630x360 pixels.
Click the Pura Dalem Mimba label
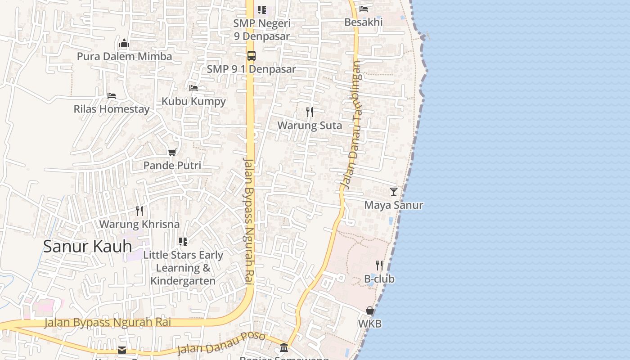pos(124,56)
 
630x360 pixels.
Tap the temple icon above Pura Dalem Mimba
pos(124,44)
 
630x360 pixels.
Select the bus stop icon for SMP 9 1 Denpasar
pos(252,56)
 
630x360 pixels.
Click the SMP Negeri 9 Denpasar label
pos(261,30)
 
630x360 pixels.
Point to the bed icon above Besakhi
pos(364,9)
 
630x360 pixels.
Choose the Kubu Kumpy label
pos(193,101)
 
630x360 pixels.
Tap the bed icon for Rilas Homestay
pos(112,96)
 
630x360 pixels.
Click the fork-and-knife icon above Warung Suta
pos(310,112)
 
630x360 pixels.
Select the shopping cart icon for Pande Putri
pos(172,152)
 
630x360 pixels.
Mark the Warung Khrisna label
pos(139,224)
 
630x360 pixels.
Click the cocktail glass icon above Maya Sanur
pos(394,192)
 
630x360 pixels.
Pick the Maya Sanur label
pos(394,205)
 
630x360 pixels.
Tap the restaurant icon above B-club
pos(379,265)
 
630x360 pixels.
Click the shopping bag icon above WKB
pos(369,310)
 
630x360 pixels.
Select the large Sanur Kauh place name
pos(88,246)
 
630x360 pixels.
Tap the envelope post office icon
pos(122,350)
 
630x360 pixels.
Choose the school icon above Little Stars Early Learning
pos(183,242)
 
